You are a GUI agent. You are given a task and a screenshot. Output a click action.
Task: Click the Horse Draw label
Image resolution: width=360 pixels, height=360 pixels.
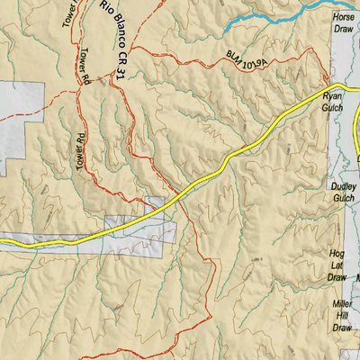tap(343, 23)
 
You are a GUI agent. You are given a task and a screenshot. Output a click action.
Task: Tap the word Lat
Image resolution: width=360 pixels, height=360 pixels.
tap(338, 266)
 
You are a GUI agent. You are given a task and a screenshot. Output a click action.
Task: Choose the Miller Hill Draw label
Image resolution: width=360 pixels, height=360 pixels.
tap(341, 316)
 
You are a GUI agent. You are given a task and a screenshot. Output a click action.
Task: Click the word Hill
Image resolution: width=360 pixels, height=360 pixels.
tap(341, 316)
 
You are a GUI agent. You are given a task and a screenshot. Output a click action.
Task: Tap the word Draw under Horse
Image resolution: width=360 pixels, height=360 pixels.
tap(343, 29)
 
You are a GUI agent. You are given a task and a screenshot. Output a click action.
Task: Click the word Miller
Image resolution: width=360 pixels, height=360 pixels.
tap(341, 305)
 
